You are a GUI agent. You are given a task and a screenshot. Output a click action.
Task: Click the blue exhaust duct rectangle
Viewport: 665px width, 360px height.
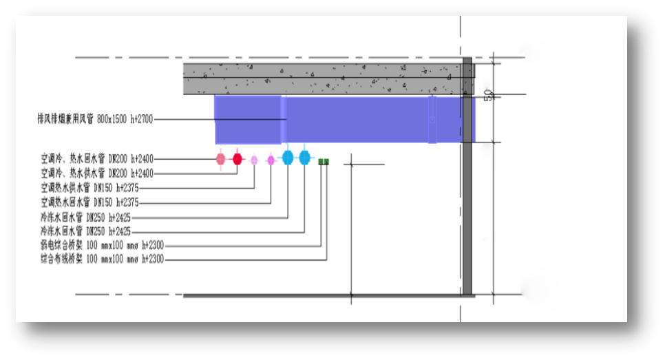tap(344, 120)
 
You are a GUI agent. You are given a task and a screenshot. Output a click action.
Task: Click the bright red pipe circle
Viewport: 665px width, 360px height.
tap(237, 159)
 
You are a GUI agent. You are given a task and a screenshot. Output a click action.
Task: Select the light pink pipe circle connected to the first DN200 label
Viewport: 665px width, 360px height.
tap(220, 159)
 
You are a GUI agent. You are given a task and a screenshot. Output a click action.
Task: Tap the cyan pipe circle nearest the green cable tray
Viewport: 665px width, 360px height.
tap(304, 158)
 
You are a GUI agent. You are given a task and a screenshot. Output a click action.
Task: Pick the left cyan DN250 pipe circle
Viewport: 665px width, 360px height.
tap(288, 158)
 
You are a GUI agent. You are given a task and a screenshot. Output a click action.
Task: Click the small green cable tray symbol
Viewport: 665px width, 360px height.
tap(323, 162)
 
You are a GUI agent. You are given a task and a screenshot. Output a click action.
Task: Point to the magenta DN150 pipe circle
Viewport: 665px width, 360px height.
tap(271, 160)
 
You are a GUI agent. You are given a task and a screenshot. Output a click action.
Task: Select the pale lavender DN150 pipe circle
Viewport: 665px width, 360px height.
tap(254, 160)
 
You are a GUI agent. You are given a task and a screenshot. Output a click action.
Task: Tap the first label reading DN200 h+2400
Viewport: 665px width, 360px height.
tap(97, 159)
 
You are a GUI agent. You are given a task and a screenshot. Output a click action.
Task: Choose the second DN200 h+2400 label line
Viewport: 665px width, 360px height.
tap(97, 173)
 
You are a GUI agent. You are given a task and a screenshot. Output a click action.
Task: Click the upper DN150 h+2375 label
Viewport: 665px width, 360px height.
tap(90, 187)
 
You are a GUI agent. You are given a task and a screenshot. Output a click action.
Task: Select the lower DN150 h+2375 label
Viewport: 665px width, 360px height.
tap(90, 202)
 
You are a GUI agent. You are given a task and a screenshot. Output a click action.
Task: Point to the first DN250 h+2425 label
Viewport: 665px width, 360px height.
tap(85, 218)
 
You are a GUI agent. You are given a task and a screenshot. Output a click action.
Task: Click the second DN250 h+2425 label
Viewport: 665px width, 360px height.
tap(85, 231)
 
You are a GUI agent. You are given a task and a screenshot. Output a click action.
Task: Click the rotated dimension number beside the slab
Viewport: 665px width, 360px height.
tap(488, 95)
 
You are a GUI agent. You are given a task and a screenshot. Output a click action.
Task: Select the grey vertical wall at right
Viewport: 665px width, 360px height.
tap(467, 207)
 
